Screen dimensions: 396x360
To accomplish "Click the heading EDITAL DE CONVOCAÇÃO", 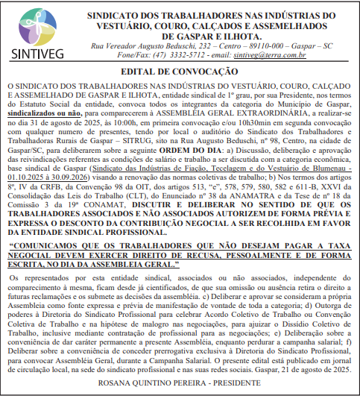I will point(180,72).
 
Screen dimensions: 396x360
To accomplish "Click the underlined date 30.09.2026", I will point(72,177).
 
